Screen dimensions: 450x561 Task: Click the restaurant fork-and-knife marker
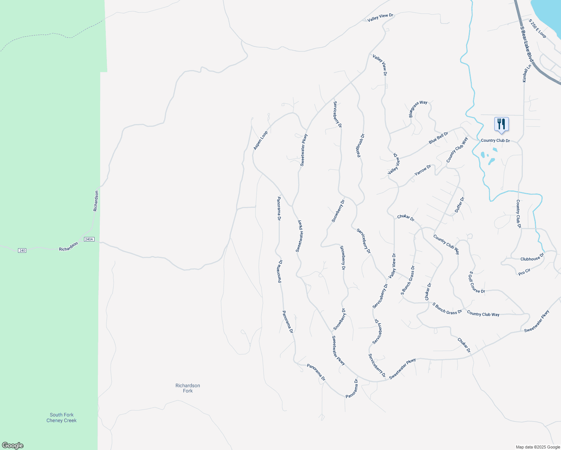(x=501, y=124)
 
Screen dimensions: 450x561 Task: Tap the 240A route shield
(x=89, y=239)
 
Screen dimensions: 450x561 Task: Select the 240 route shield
(x=22, y=250)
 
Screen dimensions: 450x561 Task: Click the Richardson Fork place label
(x=187, y=388)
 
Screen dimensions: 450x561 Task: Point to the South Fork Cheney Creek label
(x=61, y=417)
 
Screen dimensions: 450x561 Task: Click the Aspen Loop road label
(x=261, y=140)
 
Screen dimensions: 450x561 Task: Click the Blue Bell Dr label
(x=438, y=138)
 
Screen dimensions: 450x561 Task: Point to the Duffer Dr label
(x=459, y=205)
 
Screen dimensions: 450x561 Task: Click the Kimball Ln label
(x=527, y=73)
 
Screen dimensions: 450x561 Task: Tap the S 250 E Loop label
(x=537, y=29)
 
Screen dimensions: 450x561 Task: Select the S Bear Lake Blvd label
(x=526, y=44)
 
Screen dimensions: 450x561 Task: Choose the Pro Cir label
(x=524, y=272)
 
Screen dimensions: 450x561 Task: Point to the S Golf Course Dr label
(x=477, y=282)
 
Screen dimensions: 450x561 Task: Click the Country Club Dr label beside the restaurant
(x=495, y=141)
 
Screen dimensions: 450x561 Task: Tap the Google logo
(x=13, y=445)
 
